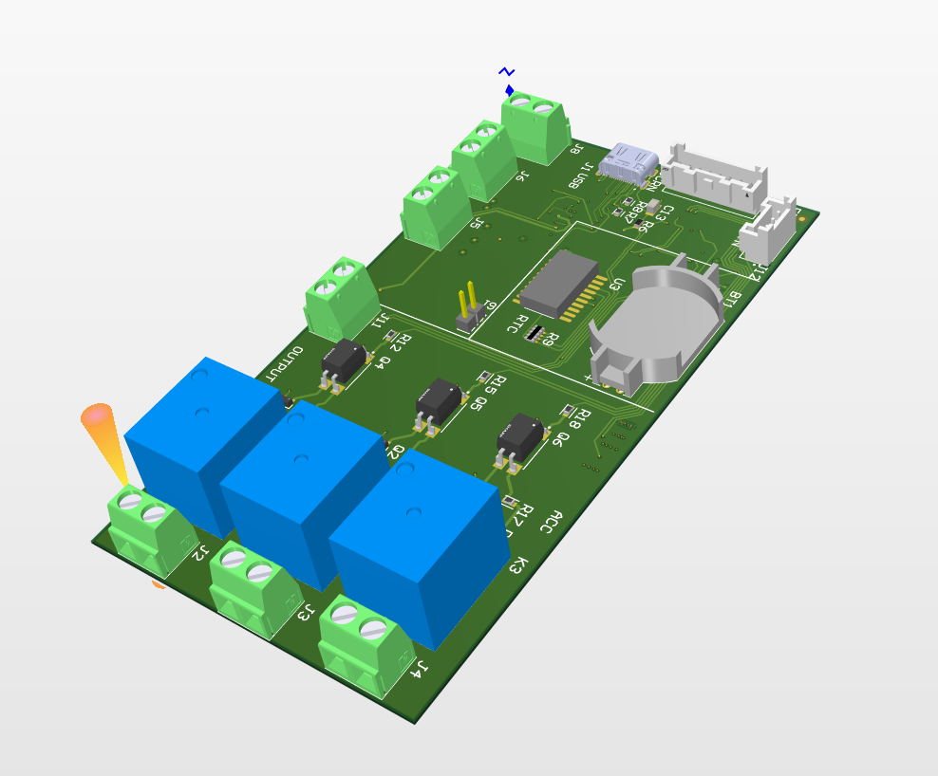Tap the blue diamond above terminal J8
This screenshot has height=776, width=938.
pyautogui.click(x=510, y=90)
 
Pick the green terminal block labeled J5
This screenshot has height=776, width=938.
pyautogui.click(x=436, y=209)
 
